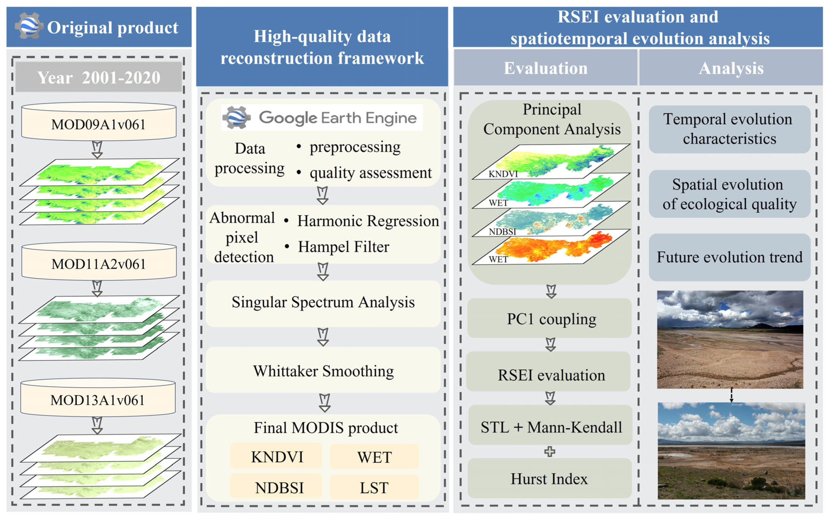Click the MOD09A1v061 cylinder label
point(98,124)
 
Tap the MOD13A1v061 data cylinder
point(98,400)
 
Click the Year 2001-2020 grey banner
point(98,77)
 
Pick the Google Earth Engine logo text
point(337,118)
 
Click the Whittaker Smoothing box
point(323,371)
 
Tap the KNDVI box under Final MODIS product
point(277,457)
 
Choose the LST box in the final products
point(374,488)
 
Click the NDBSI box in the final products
point(279,488)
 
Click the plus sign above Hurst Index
point(550,451)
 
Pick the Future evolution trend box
point(729,257)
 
